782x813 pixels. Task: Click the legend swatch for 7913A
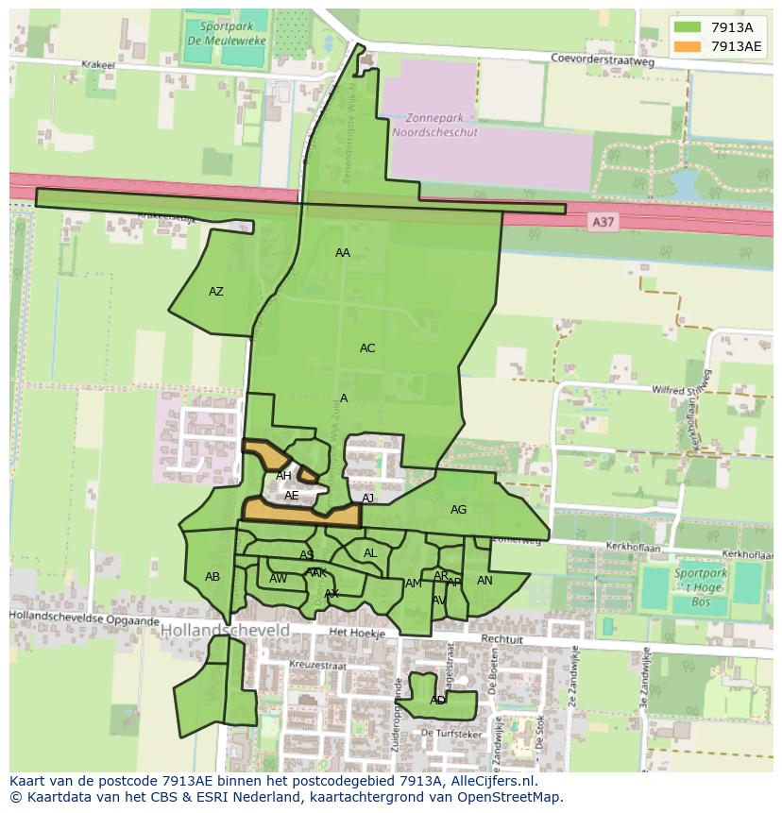[687, 27]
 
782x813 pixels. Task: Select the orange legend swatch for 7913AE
[687, 46]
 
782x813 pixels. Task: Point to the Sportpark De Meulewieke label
[214, 36]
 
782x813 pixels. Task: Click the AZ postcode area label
[216, 292]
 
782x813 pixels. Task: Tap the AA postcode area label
[343, 253]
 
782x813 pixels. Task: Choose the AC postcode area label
[367, 348]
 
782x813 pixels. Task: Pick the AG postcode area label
[458, 510]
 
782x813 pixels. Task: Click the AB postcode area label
[212, 577]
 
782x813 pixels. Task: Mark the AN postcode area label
[484, 581]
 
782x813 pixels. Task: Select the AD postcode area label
[437, 701]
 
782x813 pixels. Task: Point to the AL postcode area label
[370, 553]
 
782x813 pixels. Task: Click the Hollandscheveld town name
[225, 629]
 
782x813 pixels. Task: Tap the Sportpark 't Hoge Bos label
[701, 586]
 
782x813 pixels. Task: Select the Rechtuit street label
[501, 639]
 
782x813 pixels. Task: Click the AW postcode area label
[278, 579]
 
